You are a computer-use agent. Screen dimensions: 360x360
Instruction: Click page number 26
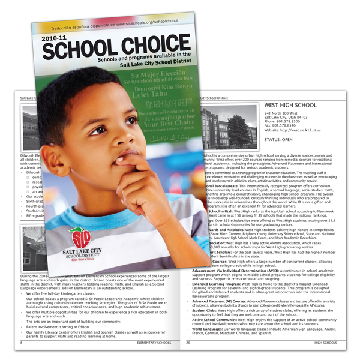[x=188, y=343]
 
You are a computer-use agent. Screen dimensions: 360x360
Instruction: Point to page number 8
[x=22, y=343]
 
